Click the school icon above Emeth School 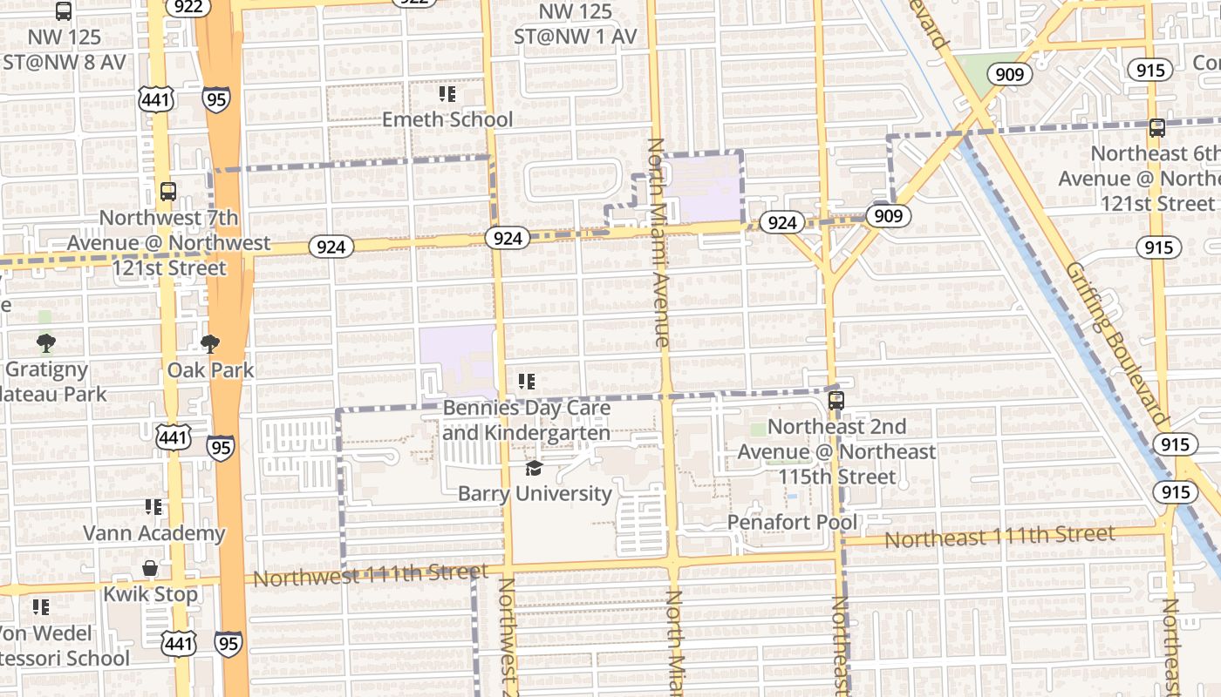click(x=447, y=93)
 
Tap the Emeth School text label click(x=447, y=119)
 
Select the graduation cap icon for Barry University click(x=533, y=469)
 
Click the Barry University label click(x=535, y=493)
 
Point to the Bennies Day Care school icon click(x=526, y=382)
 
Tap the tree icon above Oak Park click(x=210, y=344)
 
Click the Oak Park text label click(x=211, y=370)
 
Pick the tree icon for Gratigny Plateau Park click(x=46, y=343)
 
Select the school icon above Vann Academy click(x=153, y=507)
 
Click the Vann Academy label click(x=154, y=532)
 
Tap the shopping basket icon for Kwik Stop click(x=150, y=569)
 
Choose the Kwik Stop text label click(x=151, y=594)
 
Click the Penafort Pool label click(x=793, y=523)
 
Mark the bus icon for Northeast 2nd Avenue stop click(x=836, y=401)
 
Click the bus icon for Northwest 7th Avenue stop click(x=167, y=192)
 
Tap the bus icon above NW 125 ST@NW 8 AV click(x=64, y=11)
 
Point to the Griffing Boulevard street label click(x=1115, y=343)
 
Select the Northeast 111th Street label click(x=999, y=537)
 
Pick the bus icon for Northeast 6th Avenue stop click(x=1156, y=128)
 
